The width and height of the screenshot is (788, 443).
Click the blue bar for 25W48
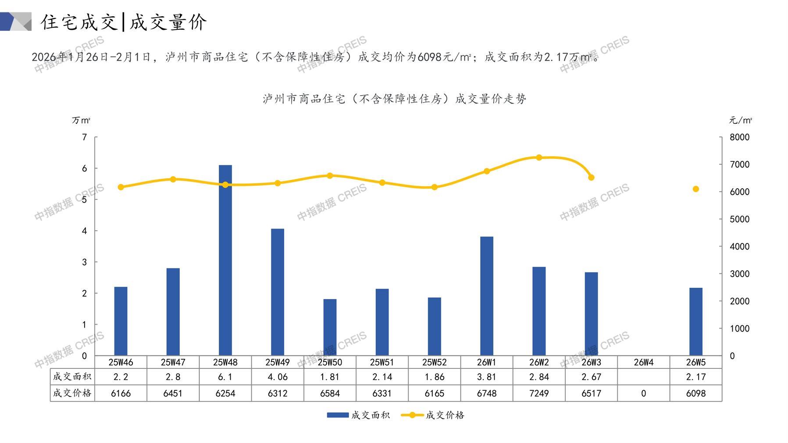[225, 260]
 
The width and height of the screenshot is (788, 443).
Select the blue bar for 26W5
[695, 322]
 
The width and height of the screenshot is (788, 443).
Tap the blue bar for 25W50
[330, 327]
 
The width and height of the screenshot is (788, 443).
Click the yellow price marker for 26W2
[539, 157]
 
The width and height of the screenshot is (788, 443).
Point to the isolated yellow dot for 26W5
[695, 189]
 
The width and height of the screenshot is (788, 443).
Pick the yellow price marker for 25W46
[121, 187]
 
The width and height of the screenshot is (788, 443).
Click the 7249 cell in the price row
[539, 393]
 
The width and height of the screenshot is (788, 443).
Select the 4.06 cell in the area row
[278, 377]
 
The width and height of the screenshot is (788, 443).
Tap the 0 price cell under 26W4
[643, 393]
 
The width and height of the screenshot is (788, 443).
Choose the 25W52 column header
[434, 362]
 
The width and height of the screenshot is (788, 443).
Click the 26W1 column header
[486, 362]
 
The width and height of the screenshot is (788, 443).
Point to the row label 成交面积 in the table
[72, 377]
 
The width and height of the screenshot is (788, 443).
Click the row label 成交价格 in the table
[72, 393]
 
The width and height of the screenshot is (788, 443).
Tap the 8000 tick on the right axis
[739, 137]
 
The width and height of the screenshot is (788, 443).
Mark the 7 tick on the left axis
[85, 137]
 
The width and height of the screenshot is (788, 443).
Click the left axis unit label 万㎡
[81, 120]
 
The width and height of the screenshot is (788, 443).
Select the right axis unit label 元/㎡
[740, 120]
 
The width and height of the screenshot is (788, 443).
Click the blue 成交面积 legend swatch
[338, 415]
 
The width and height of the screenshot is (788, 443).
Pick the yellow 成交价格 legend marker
[412, 415]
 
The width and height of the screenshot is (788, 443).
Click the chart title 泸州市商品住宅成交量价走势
[394, 99]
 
